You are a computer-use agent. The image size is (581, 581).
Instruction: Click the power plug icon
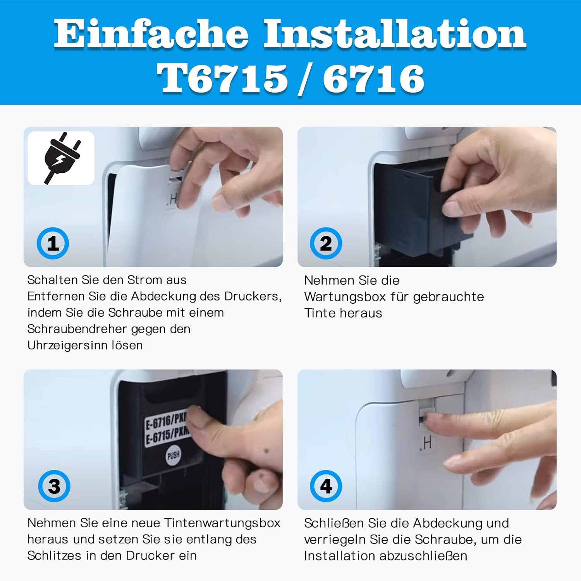(61, 158)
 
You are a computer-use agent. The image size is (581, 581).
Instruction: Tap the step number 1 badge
(53, 243)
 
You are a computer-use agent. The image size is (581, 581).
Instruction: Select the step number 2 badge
(326, 243)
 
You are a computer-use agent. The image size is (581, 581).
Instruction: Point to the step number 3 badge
(54, 486)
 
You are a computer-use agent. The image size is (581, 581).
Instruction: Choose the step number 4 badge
(326, 486)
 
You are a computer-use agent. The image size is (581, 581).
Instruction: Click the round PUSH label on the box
(173, 455)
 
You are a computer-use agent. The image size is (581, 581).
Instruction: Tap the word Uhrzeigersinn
(67, 346)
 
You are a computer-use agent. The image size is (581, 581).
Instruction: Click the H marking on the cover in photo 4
(428, 443)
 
